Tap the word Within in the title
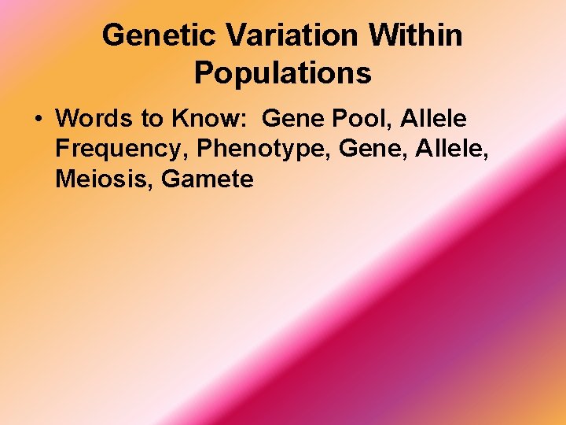[417, 35]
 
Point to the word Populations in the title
[283, 73]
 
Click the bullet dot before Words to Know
[37, 120]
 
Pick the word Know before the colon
[204, 119]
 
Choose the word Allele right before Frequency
[433, 119]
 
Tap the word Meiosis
[103, 179]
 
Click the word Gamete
[208, 179]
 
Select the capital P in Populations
[203, 73]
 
